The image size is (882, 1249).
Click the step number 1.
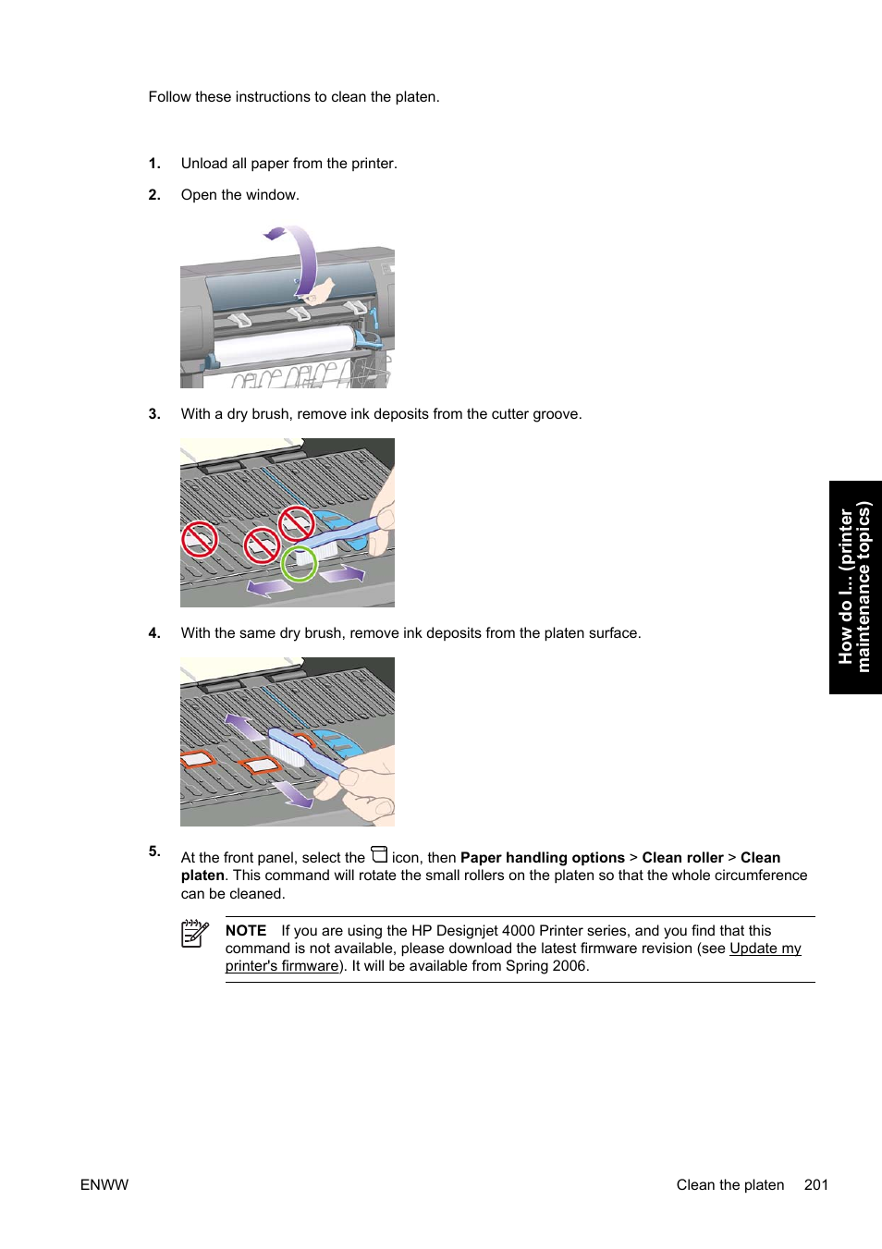(x=153, y=164)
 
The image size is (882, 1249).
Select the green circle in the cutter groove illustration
(x=299, y=563)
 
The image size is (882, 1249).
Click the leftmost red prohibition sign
(x=199, y=539)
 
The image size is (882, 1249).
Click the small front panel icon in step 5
(x=379, y=854)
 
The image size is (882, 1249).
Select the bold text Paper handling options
(x=542, y=858)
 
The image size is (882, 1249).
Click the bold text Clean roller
(x=682, y=858)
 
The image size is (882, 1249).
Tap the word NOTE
(x=246, y=931)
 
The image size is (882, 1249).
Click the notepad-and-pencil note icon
(x=194, y=933)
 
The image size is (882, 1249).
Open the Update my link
(x=765, y=949)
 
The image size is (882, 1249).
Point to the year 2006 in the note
(x=570, y=966)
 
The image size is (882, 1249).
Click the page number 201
(x=815, y=1185)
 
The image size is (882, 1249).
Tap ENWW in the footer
(x=104, y=1185)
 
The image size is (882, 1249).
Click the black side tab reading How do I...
(x=854, y=587)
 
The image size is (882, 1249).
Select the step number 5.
(x=153, y=851)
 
